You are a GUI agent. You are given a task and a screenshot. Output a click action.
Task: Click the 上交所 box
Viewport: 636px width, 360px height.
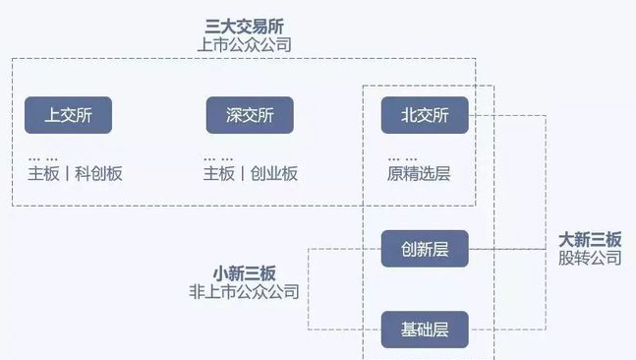68,116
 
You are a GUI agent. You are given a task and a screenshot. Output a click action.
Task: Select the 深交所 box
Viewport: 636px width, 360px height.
250,116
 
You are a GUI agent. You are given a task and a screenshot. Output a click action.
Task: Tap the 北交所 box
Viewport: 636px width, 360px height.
425,116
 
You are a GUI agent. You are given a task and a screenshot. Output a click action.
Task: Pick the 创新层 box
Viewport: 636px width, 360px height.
425,249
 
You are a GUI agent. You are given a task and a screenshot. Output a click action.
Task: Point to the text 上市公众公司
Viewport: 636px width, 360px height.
244,45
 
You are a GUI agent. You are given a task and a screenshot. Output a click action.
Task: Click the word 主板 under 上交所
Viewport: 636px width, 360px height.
44,174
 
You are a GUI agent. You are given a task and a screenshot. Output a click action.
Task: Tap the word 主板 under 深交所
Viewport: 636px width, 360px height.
219,174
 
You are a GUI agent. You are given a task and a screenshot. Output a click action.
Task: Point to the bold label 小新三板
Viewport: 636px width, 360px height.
244,272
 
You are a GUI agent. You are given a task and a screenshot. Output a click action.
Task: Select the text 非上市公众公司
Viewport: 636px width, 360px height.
244,292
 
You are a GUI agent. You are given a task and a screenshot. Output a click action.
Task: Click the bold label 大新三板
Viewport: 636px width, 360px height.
590,239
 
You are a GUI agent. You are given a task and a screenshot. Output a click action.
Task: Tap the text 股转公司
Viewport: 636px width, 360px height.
590,258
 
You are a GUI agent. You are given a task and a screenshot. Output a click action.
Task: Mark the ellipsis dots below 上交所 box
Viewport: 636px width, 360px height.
41,158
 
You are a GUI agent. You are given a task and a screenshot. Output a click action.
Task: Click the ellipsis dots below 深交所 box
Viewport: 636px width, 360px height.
218,158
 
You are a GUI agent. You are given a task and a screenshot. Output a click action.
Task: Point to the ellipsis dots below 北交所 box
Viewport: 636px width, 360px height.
400,158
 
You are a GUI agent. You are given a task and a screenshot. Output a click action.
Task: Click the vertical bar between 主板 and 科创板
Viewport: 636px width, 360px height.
67,174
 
